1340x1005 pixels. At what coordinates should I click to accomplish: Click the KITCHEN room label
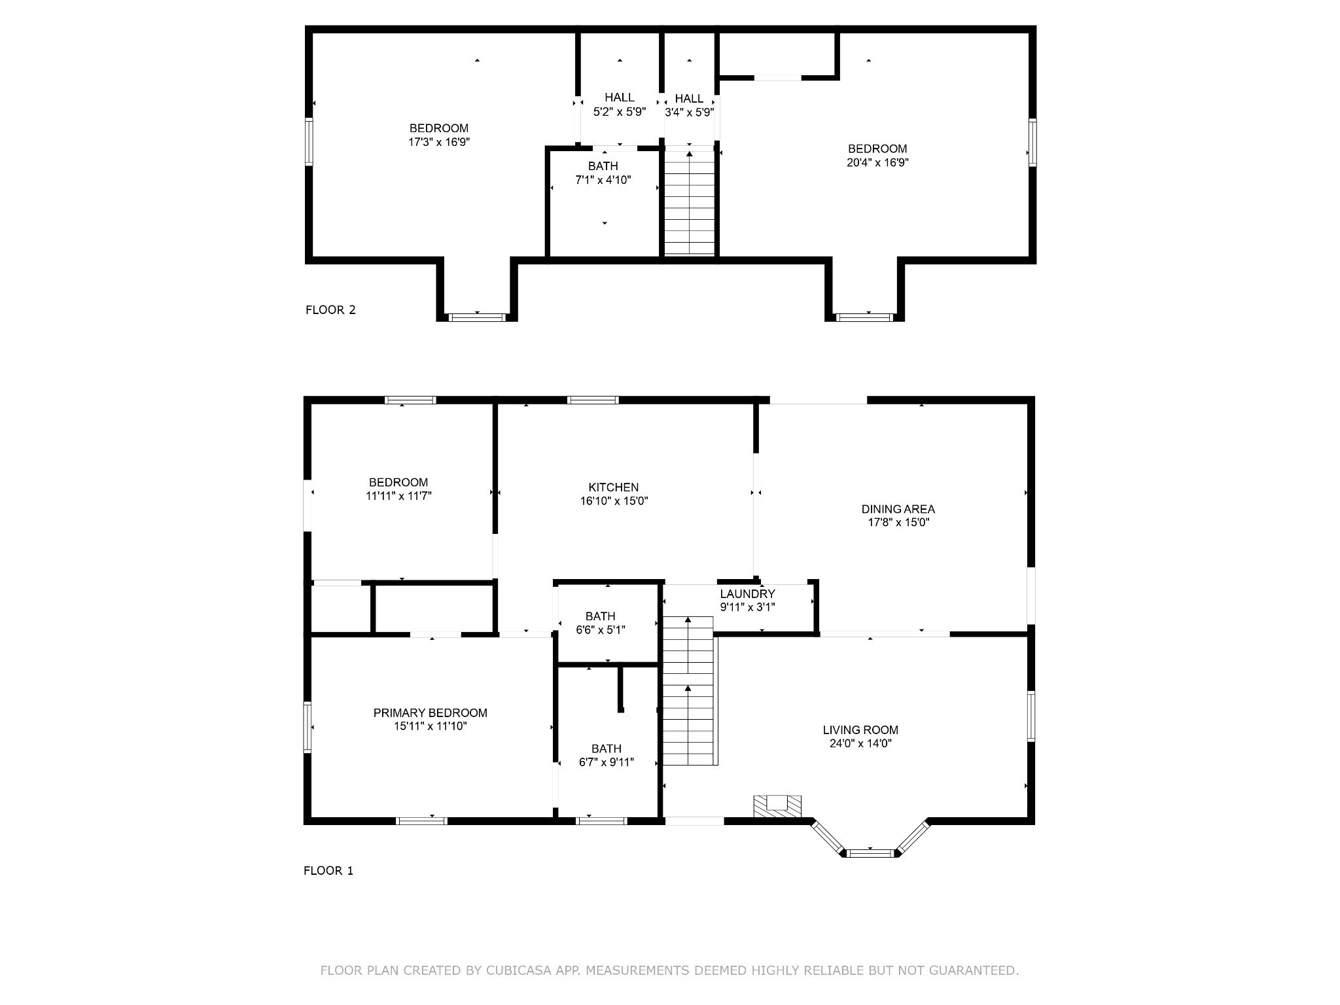coord(613,487)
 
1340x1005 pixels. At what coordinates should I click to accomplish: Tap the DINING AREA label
coord(898,509)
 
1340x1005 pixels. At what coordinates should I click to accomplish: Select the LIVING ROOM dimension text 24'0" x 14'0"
coord(860,744)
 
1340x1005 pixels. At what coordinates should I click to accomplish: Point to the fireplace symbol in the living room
coord(777,805)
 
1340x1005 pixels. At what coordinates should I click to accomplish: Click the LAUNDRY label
coord(747,594)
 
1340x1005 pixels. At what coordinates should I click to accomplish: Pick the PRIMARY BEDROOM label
coord(430,713)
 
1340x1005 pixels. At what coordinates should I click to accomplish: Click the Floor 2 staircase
coord(689,203)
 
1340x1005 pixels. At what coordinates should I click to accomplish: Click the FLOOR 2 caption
coord(330,310)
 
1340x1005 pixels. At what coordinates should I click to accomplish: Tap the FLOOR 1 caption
coord(328,871)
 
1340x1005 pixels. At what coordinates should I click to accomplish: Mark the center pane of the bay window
coord(870,853)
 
